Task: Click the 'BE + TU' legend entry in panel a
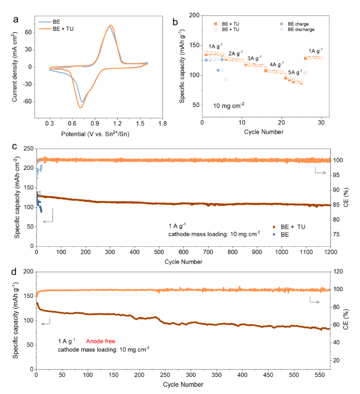[63, 28]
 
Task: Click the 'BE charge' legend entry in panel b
[300, 23]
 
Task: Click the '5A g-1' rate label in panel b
[295, 72]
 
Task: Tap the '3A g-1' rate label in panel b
[254, 58]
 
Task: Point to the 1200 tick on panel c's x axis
[330, 252]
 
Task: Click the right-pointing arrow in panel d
[315, 301]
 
